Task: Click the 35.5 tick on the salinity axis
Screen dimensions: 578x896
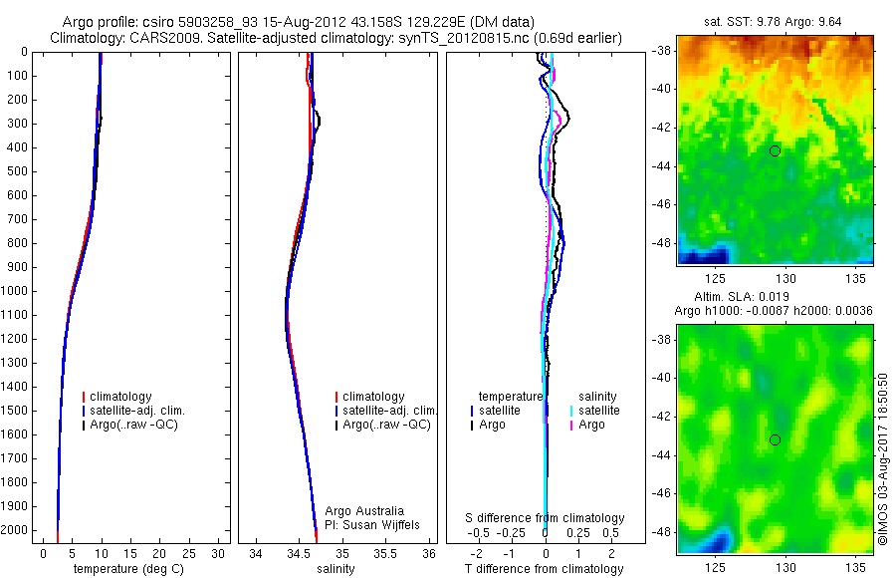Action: (x=384, y=552)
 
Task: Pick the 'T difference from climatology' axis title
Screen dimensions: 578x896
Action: (x=545, y=569)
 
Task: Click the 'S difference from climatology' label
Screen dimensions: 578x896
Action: (x=545, y=518)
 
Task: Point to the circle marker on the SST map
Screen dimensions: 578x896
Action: (x=775, y=150)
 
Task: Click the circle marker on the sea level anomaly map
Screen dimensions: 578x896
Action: (x=775, y=439)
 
